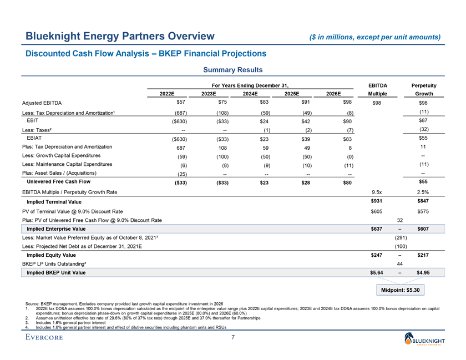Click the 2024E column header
(x=249, y=94)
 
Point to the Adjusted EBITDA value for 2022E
(x=180, y=102)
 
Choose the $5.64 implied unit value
(x=377, y=272)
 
